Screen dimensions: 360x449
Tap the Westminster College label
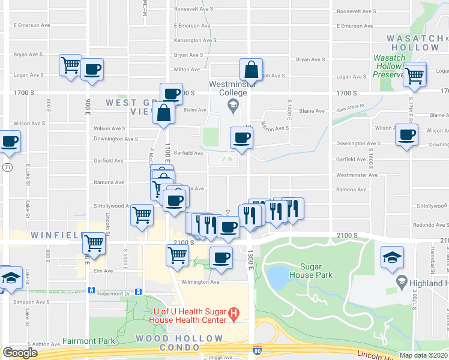click(228, 88)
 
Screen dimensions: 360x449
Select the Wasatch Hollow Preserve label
click(389, 66)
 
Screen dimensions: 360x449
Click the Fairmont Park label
click(88, 341)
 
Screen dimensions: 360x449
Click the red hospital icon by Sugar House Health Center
click(235, 313)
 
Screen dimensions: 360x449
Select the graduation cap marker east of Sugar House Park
click(392, 257)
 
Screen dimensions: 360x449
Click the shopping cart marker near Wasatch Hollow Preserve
click(415, 76)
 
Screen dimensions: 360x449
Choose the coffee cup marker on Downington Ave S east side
click(406, 134)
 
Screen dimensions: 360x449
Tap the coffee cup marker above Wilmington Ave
click(221, 257)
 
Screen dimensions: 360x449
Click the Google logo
click(20, 353)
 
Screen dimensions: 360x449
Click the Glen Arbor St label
click(350, 109)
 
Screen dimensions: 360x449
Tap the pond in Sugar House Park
click(278, 277)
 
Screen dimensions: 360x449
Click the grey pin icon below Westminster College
click(232, 106)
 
